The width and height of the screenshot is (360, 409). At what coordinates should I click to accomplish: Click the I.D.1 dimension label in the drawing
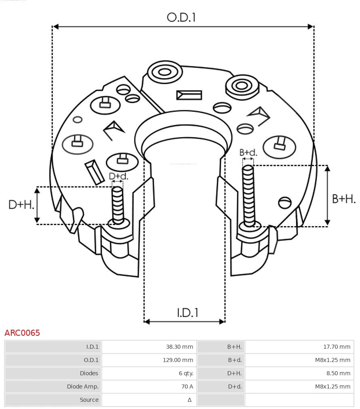(x=187, y=312)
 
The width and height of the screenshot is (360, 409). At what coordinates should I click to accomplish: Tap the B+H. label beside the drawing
(x=343, y=199)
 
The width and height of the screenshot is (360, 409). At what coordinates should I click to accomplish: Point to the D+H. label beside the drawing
(x=21, y=205)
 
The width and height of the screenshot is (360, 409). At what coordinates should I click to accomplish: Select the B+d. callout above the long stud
(x=248, y=153)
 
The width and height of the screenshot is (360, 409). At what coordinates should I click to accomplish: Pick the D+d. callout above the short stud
(x=118, y=176)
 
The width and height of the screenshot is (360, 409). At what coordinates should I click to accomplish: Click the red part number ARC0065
(x=22, y=333)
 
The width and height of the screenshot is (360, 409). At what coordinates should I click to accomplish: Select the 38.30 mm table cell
(x=179, y=347)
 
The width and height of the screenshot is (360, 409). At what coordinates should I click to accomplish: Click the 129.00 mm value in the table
(x=178, y=360)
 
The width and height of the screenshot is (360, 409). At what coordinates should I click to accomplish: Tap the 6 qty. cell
(x=186, y=373)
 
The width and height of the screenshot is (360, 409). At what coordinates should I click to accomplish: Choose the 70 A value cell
(x=187, y=387)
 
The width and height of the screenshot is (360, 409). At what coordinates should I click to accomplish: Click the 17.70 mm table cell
(x=337, y=347)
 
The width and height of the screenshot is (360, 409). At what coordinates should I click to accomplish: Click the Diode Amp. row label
(x=83, y=387)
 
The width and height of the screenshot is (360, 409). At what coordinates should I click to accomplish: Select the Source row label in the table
(x=89, y=400)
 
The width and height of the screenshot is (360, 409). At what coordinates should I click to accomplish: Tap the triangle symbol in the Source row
(x=189, y=400)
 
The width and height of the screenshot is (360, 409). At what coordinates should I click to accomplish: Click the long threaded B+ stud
(x=248, y=194)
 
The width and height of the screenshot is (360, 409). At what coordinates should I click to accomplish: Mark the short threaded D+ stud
(x=118, y=204)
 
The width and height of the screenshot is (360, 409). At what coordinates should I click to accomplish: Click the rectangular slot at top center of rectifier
(x=189, y=95)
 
